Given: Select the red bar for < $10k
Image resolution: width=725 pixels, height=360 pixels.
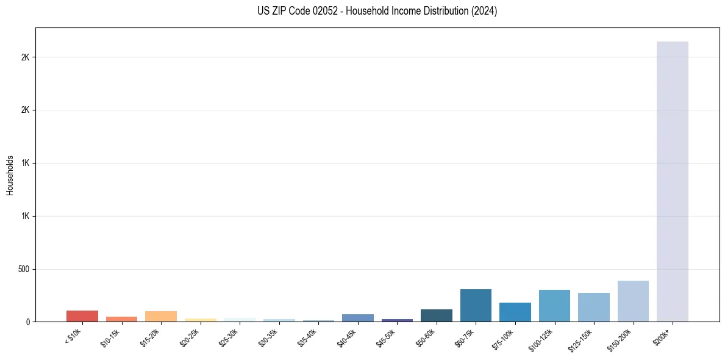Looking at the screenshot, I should point(82,316).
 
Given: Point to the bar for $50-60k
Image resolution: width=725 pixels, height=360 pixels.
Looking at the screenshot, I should point(437,315).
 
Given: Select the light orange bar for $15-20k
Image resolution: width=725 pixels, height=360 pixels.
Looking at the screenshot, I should point(161,316).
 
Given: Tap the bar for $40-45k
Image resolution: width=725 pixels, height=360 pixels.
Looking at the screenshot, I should point(358,318).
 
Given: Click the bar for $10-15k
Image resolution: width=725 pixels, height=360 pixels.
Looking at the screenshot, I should point(121,319).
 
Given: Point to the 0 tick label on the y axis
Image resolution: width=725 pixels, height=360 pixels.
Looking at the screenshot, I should point(28,322).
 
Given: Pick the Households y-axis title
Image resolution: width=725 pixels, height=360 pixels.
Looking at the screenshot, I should point(10,175).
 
